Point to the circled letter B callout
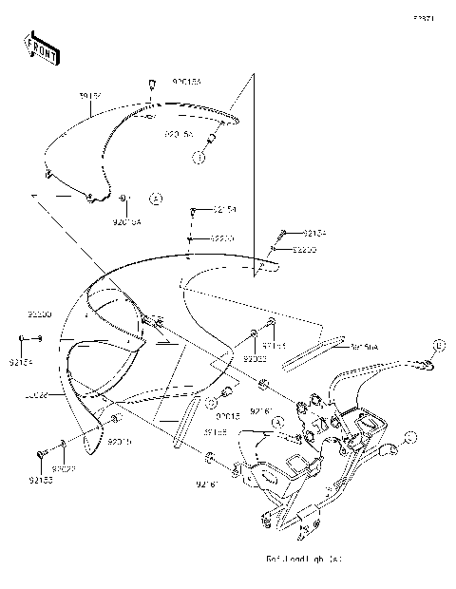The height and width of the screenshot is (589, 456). click(440, 343)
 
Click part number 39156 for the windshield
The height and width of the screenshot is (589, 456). click(90, 97)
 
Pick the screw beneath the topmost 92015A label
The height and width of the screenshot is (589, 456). click(150, 87)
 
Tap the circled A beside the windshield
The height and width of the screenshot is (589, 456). click(157, 199)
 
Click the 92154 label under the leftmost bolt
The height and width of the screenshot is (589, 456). click(20, 362)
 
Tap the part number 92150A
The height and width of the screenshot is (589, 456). click(365, 348)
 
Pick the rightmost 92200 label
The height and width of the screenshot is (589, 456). click(304, 250)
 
